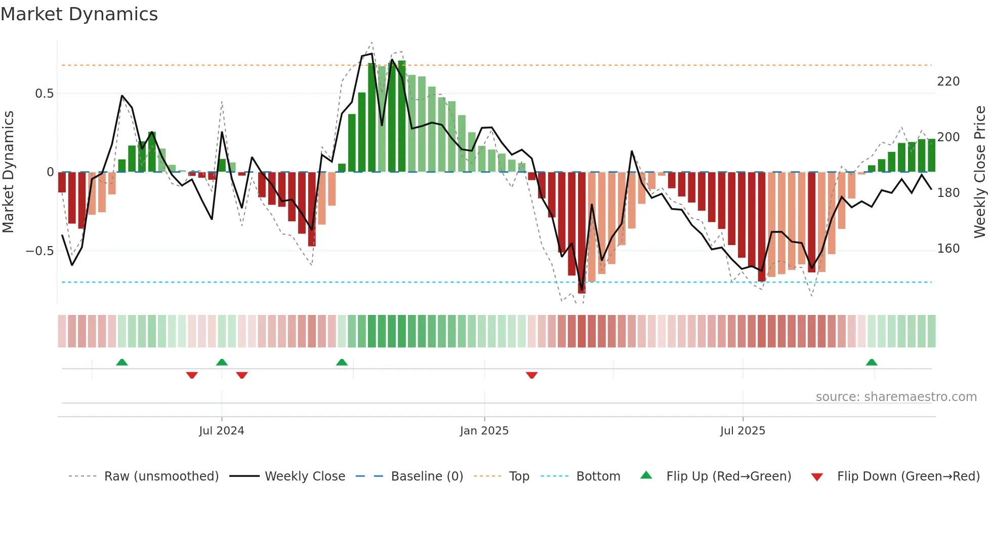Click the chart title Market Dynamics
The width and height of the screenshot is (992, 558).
79,14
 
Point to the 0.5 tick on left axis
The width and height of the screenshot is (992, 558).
44,94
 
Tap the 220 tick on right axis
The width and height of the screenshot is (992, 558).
948,82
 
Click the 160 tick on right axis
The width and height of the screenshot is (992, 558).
948,249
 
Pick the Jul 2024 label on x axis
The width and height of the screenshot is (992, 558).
221,431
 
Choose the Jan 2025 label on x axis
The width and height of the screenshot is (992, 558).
484,431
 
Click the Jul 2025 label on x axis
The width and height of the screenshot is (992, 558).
742,431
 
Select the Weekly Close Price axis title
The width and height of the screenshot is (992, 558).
980,172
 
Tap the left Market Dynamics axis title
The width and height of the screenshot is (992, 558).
8,172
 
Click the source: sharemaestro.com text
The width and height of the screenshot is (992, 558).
896,397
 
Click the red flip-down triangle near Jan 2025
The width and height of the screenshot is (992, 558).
531,375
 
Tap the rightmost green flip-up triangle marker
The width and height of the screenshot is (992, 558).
871,363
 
